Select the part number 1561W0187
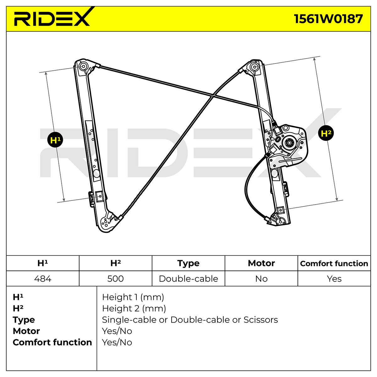click(328, 19)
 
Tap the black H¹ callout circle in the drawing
click(55, 140)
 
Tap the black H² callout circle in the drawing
click(326, 133)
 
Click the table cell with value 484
click(43, 279)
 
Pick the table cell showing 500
click(115, 279)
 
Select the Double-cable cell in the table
click(188, 279)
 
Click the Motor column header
click(261, 263)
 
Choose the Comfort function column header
click(334, 263)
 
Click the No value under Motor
click(261, 279)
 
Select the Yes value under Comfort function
click(334, 279)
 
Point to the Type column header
click(188, 263)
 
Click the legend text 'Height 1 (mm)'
click(133, 297)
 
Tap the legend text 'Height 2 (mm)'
click(134, 309)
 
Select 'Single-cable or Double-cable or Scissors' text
click(190, 320)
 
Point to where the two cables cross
click(213, 96)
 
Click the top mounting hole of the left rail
click(84, 66)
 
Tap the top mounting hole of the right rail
click(254, 67)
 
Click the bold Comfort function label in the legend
click(52, 342)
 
